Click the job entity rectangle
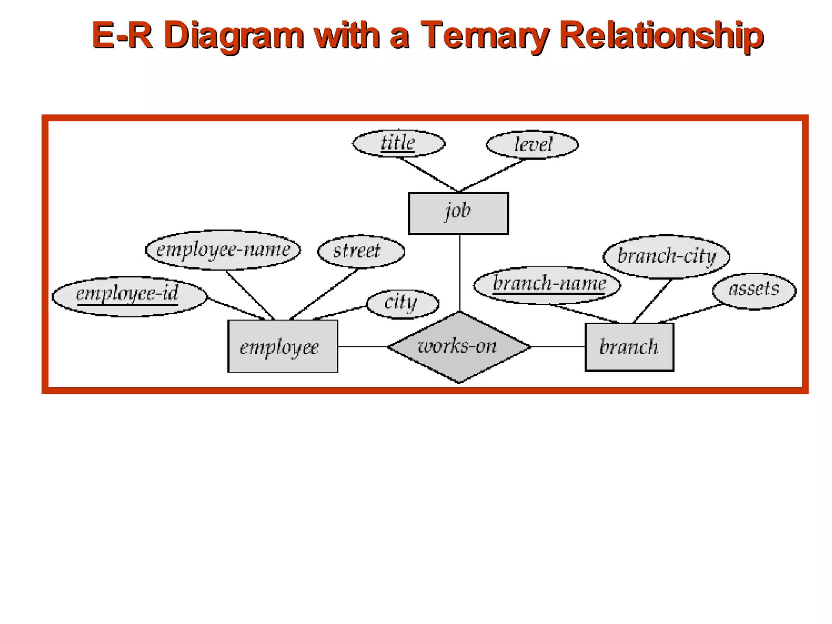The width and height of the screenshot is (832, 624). (x=458, y=213)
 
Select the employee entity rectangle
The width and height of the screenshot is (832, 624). (x=282, y=346)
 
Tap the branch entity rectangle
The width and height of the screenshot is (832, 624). (x=629, y=347)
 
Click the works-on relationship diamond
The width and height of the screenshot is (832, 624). (x=459, y=347)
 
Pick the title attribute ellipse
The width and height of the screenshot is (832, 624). (x=399, y=143)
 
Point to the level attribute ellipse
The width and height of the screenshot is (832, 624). (x=532, y=145)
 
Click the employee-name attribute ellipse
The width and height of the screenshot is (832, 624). (x=223, y=250)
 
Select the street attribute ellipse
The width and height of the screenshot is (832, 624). (x=361, y=251)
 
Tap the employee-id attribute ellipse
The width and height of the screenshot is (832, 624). (x=130, y=296)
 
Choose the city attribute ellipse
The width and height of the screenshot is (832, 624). (x=403, y=304)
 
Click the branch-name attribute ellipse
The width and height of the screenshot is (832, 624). (x=547, y=285)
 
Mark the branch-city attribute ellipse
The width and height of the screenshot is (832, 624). (x=666, y=257)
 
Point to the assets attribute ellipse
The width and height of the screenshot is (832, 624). (x=754, y=291)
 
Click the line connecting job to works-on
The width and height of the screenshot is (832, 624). (x=460, y=272)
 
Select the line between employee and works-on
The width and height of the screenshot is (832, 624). (x=362, y=347)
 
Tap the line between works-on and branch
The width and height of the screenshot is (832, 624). (x=558, y=347)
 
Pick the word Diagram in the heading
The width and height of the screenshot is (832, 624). (x=234, y=36)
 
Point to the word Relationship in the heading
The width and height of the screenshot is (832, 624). (x=661, y=36)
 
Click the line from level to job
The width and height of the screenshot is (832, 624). (x=492, y=175)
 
